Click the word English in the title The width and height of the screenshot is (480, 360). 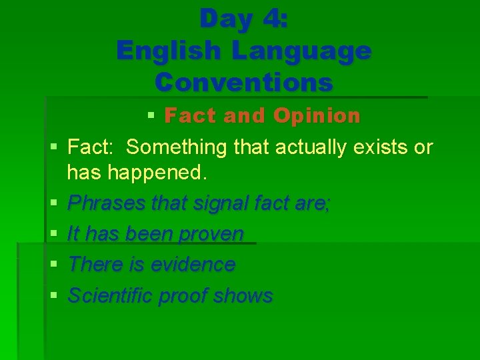coord(159,50)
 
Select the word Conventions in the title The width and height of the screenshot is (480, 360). coord(243,82)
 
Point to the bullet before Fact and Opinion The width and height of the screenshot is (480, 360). coord(151,117)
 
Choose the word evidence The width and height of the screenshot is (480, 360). coord(193,265)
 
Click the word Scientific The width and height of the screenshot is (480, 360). coord(111,295)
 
